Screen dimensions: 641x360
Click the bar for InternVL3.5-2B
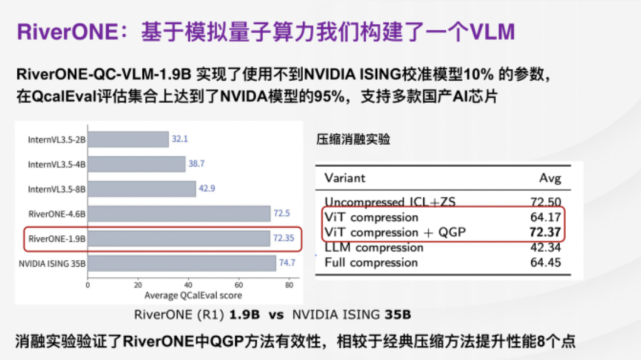(128, 139)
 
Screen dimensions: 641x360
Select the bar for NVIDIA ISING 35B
(182, 263)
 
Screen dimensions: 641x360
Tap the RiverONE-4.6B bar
(179, 214)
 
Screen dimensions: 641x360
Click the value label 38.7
(196, 164)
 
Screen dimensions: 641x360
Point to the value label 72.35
(283, 238)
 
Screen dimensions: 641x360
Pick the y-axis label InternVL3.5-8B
(56, 189)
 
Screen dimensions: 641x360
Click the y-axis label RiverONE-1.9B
(57, 238)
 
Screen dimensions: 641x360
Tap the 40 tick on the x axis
(188, 285)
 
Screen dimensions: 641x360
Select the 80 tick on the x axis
(289, 285)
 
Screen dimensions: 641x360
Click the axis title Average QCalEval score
(193, 295)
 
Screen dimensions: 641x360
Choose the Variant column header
(345, 178)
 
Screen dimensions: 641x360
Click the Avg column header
(550, 179)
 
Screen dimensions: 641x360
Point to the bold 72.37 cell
(545, 232)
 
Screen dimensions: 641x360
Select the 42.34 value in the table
(545, 248)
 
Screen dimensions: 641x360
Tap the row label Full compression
(371, 262)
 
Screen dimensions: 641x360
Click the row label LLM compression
(374, 248)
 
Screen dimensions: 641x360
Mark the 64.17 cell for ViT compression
(545, 217)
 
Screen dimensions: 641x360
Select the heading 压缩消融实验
(353, 139)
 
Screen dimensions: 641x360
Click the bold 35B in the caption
(398, 315)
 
